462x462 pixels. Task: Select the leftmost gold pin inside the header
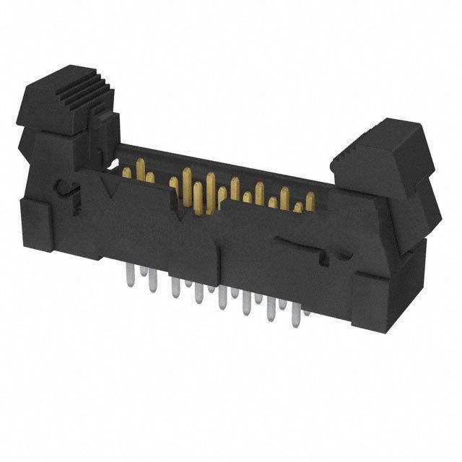[127, 173]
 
